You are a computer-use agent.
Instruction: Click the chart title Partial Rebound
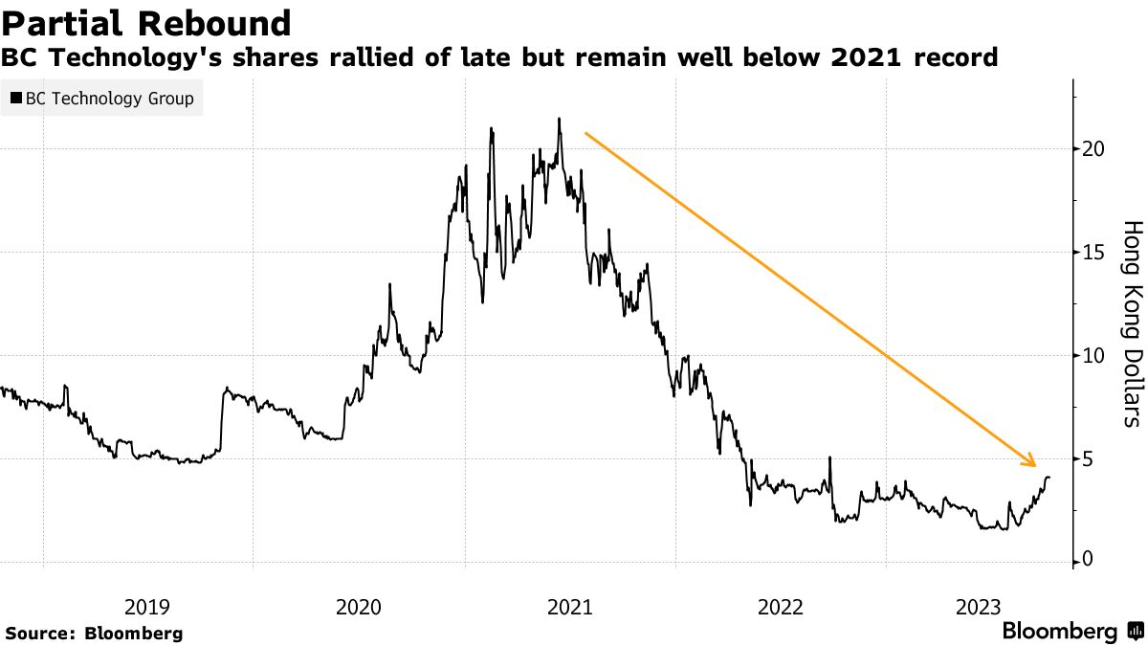coord(146,23)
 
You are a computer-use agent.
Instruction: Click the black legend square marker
coord(16,99)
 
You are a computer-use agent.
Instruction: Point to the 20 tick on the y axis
coord(1093,149)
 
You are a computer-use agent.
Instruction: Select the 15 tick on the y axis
coord(1093,253)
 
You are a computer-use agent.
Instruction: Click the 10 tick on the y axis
coord(1093,356)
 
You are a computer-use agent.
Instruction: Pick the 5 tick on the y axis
coord(1088,459)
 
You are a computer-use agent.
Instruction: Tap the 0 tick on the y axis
coord(1088,561)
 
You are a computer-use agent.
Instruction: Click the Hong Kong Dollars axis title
coord(1132,323)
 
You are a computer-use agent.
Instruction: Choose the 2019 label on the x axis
coord(147,607)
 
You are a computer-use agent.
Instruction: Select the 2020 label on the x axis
coord(358,607)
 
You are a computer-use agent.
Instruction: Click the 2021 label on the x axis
coord(569,607)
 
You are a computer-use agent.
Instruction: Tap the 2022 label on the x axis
coord(780,607)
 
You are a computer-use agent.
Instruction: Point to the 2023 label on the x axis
coord(979,607)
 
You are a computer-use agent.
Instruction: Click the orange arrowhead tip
coord(1036,467)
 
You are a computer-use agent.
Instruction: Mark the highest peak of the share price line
coord(559,120)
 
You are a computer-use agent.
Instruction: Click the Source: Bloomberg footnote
coord(94,633)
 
